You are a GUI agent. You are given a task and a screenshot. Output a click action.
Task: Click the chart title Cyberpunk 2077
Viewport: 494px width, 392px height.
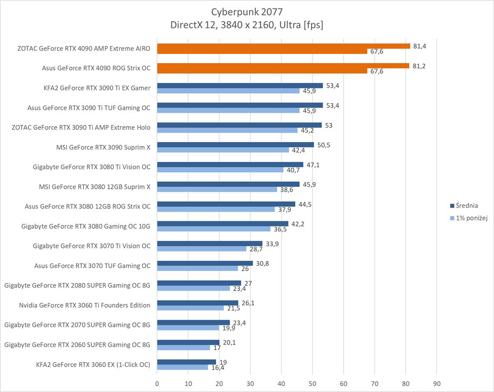(246, 11)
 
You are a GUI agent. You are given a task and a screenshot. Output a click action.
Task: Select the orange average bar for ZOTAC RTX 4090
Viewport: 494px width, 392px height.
(283, 46)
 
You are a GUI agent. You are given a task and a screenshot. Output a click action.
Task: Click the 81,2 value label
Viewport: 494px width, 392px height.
(420, 66)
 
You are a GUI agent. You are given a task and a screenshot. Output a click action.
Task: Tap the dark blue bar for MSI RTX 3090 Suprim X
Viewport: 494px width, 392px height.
(235, 145)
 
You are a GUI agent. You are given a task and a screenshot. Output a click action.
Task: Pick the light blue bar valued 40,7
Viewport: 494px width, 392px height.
(220, 170)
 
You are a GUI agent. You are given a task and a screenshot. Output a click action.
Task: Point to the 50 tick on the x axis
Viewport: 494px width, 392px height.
(312, 384)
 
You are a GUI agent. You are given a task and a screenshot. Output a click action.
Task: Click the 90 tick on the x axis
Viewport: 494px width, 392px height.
(436, 384)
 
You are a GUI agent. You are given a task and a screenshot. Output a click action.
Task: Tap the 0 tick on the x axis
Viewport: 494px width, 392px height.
(157, 384)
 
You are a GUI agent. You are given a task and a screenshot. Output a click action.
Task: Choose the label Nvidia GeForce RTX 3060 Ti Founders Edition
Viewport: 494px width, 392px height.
(85, 305)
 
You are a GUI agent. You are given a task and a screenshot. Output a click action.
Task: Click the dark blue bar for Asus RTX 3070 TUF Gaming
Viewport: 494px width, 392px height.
(205, 263)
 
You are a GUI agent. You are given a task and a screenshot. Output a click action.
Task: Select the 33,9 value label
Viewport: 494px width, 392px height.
(272, 244)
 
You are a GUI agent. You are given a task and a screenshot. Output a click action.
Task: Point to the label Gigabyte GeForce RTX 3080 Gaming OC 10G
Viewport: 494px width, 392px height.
(86, 226)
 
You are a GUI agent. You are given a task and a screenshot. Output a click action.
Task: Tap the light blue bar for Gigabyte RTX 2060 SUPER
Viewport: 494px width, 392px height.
(183, 347)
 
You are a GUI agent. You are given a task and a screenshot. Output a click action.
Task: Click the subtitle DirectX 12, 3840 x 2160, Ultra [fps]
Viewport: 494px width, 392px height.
(246, 26)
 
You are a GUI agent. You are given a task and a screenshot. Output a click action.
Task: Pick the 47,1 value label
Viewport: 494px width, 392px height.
(312, 165)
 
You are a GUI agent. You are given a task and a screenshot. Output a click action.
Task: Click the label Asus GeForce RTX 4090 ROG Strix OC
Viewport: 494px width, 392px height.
(96, 68)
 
